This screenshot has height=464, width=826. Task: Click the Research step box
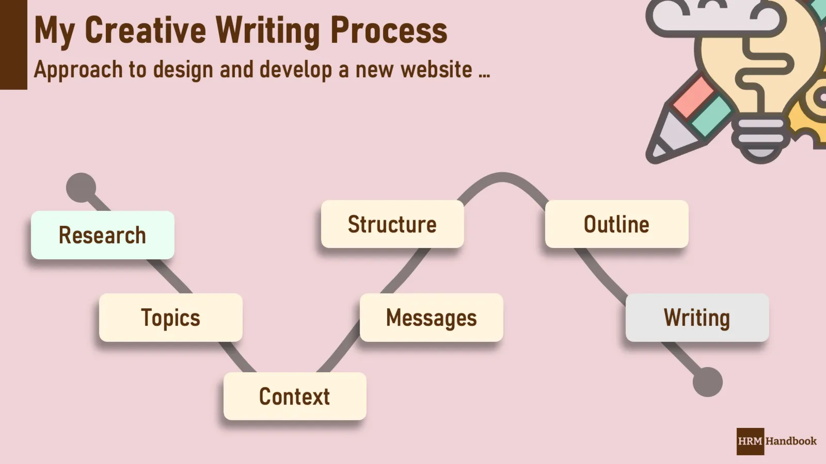coord(103,235)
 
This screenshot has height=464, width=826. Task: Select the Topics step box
coord(171,318)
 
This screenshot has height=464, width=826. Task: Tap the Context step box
coord(295,396)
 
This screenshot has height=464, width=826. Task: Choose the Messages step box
coord(432,318)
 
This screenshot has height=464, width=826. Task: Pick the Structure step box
coord(392,224)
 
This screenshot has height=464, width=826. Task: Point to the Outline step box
coord(617,224)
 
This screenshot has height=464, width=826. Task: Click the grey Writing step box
coord(697,318)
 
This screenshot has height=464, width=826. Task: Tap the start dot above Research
coord(81,188)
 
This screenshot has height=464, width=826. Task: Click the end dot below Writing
coord(707,382)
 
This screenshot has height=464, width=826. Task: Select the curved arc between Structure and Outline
coord(502,178)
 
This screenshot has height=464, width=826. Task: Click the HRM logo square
coord(750,441)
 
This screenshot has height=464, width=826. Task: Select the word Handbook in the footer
coord(791,441)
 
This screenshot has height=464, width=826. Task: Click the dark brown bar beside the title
coord(13,45)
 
